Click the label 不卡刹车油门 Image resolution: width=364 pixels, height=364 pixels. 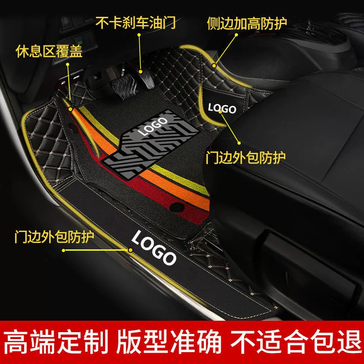tap(135, 22)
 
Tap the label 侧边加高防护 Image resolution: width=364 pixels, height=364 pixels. tap(247, 23)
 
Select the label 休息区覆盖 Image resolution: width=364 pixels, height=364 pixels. tap(49, 51)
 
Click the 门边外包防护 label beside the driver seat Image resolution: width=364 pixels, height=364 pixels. tap(245, 157)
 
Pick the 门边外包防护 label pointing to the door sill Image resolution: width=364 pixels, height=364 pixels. tap(54, 237)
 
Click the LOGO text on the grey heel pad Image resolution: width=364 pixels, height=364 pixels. tap(152, 127)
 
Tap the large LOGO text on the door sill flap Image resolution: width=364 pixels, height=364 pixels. tap(154, 248)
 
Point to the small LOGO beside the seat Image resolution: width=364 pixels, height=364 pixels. tap(222, 109)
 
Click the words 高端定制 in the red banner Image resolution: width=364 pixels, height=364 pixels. tap(56, 343)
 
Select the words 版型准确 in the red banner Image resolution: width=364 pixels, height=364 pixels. tap(169, 343)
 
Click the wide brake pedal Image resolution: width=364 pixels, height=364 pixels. tap(121, 86)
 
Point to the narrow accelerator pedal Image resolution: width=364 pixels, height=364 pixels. tap(147, 79)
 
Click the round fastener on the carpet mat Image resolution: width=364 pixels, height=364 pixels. tap(177, 207)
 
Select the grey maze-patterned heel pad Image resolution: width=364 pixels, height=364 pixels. tap(151, 144)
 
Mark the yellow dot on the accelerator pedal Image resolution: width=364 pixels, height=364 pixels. tap(141, 72)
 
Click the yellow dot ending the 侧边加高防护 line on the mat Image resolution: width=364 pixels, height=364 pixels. tap(214, 66)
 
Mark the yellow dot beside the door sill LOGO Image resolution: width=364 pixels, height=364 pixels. tap(131, 250)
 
